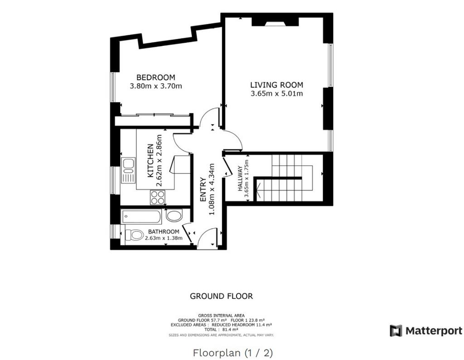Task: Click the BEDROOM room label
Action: coord(156,77)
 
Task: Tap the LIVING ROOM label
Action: coord(277,85)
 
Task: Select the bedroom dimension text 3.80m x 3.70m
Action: coord(156,86)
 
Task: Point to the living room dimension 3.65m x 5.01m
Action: coord(277,94)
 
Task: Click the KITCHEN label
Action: coord(150,161)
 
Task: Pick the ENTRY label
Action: coord(203,190)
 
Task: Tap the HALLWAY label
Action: coord(240,178)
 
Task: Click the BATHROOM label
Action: coord(164,231)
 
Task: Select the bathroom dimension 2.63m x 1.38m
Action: coord(164,238)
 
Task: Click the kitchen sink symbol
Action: coord(128,170)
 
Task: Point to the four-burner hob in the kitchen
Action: coord(157,197)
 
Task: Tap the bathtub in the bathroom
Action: coord(141,217)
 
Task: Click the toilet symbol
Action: coord(134,235)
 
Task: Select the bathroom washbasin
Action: coord(174,216)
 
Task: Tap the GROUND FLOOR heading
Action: coord(221,296)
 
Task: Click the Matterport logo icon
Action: coord(396,331)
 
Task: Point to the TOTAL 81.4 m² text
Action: coord(221,330)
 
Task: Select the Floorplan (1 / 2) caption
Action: coord(233,353)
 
